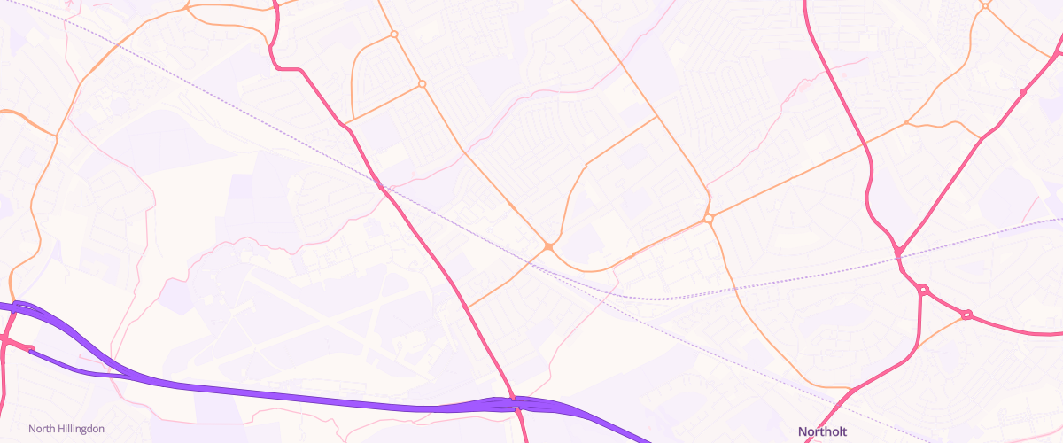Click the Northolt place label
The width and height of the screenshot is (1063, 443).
[823, 431]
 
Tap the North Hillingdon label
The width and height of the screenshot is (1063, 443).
[66, 429]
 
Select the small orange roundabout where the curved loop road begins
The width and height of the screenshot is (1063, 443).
[393, 35]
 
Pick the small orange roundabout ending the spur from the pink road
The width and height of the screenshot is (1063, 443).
[423, 84]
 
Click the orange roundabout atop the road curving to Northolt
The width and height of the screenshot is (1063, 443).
[708, 218]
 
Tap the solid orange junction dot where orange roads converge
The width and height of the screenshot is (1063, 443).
[549, 246]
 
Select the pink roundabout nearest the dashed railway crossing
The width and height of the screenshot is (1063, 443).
[923, 290]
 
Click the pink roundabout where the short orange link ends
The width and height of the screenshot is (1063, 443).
[966, 315]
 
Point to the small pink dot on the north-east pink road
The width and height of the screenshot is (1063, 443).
[1023, 92]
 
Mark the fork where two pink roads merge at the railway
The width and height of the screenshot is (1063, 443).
[898, 253]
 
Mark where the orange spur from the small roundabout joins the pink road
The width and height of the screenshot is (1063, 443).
[346, 122]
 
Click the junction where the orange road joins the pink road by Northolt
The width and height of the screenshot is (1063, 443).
[850, 390]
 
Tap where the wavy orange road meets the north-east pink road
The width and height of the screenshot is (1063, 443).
[981, 138]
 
